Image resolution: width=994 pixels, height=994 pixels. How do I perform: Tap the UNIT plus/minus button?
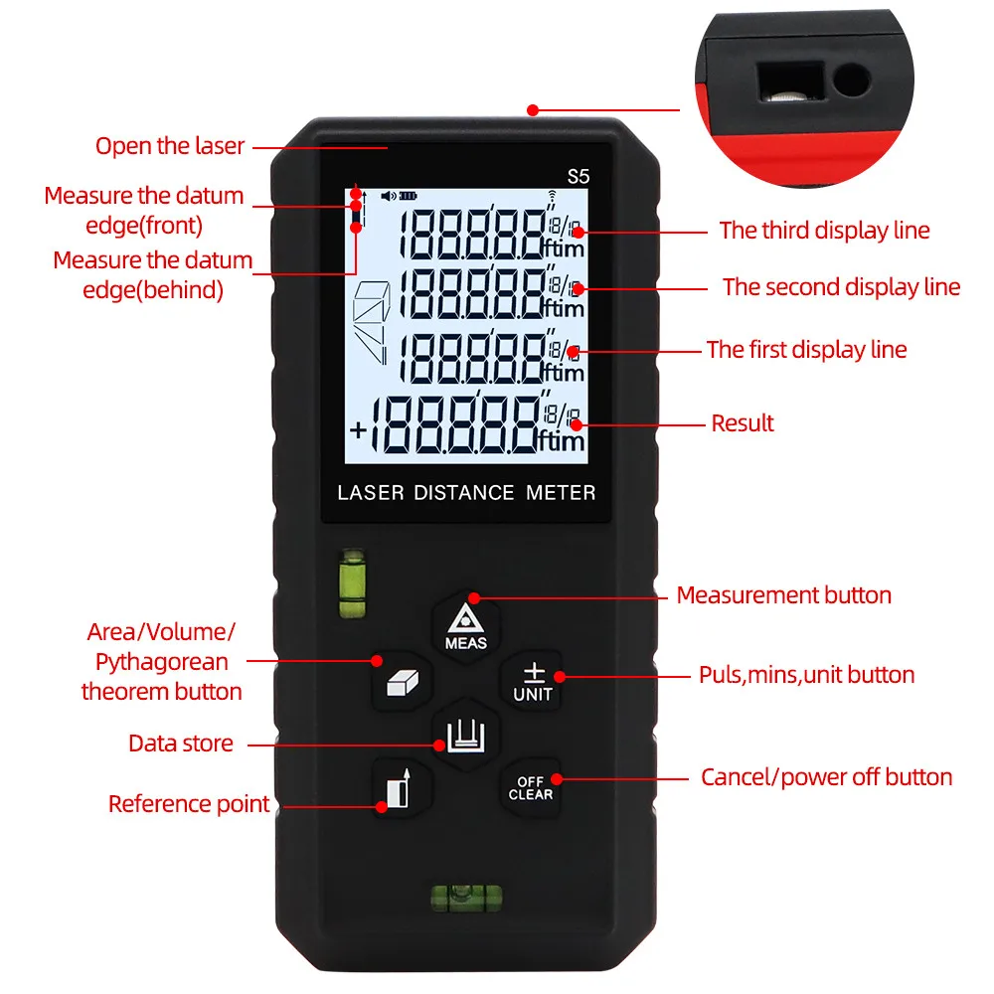click(x=533, y=683)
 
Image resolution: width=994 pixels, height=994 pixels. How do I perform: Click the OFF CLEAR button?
click(x=531, y=788)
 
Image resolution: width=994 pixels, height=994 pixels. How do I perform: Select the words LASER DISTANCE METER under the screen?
click(x=466, y=493)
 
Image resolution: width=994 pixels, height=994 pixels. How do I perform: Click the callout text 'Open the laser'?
click(x=170, y=146)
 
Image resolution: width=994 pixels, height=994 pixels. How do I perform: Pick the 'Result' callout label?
click(x=743, y=423)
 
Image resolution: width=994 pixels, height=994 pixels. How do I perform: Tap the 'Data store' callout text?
click(x=181, y=744)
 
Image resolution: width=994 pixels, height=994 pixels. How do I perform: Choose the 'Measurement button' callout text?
click(x=783, y=595)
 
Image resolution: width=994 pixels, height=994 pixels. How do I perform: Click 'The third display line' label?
click(x=824, y=231)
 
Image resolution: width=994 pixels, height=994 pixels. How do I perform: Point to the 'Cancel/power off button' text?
click(x=827, y=777)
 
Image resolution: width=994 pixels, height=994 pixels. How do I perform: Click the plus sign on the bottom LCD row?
click(x=359, y=431)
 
